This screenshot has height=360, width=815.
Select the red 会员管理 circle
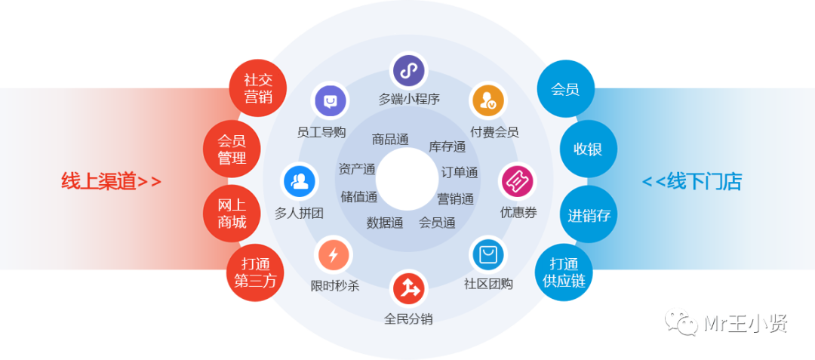pyautogui.click(x=232, y=149)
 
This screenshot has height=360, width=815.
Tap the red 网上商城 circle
pyautogui.click(x=232, y=213)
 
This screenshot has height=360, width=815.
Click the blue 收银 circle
pyautogui.click(x=588, y=149)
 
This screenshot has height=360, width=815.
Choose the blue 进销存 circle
pyautogui.click(x=589, y=215)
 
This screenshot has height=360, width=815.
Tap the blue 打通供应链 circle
pyautogui.click(x=564, y=273)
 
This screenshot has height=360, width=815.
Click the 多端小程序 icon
pyautogui.click(x=408, y=71)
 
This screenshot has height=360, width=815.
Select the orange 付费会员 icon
pyautogui.click(x=487, y=100)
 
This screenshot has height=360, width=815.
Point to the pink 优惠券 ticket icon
pyautogui.click(x=518, y=181)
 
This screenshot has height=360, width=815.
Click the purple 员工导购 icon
pyautogui.click(x=330, y=100)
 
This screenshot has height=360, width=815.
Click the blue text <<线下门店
pyautogui.click(x=692, y=182)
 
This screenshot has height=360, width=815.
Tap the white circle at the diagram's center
pyautogui.click(x=407, y=180)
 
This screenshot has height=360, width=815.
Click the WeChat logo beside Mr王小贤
pyautogui.click(x=681, y=322)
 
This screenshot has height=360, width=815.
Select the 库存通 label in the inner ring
pyautogui.click(x=447, y=146)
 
